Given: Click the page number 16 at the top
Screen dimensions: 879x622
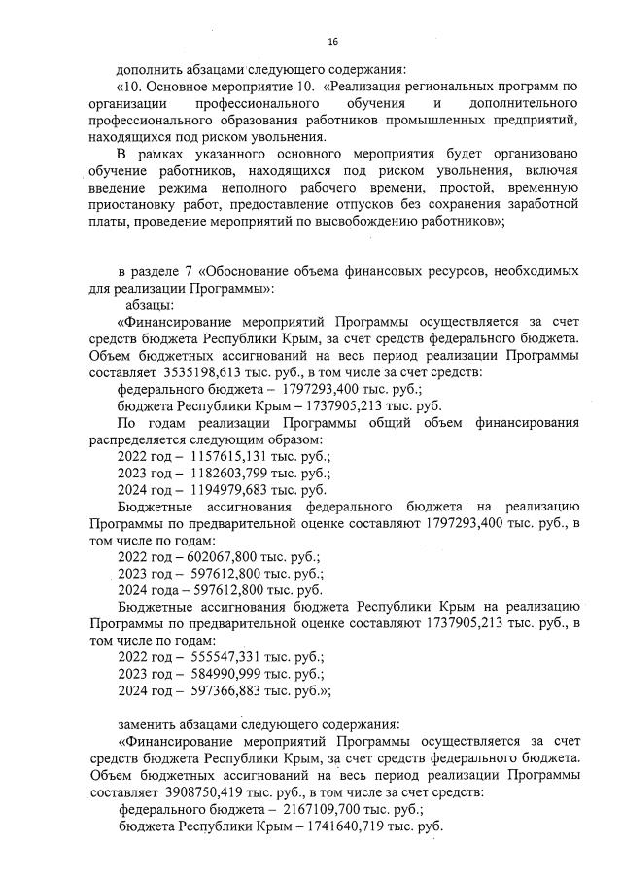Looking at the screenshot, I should [x=332, y=42].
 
